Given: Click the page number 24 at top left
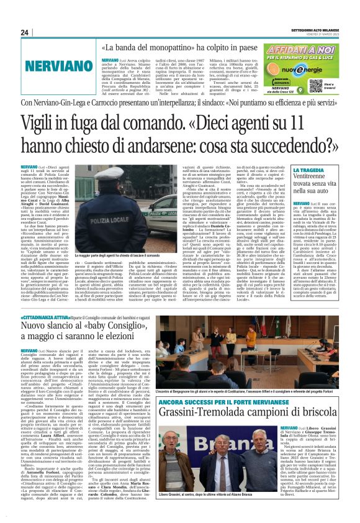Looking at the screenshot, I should tap(25, 32).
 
